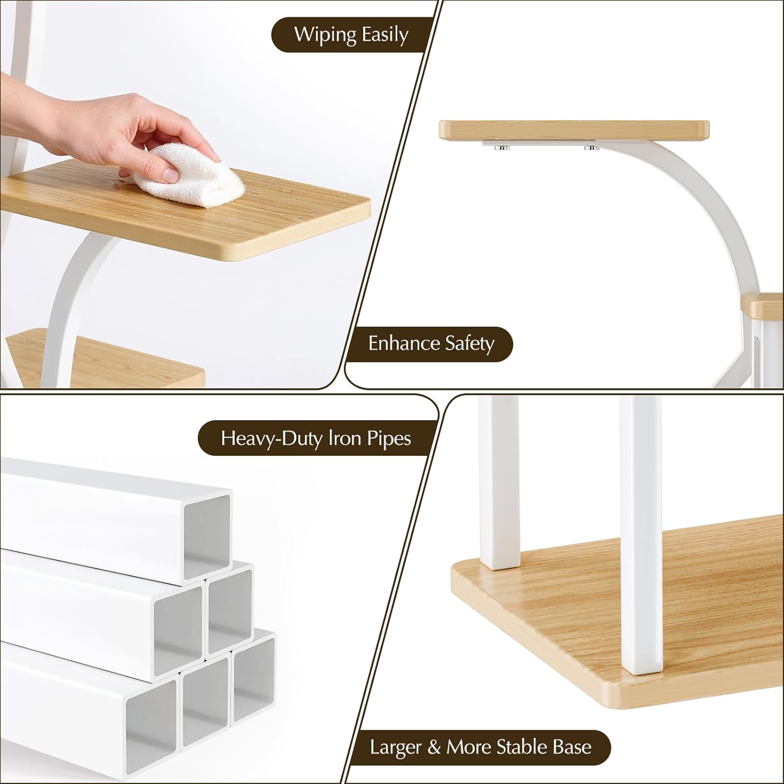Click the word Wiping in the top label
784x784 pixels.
point(325,35)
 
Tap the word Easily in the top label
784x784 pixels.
point(384,35)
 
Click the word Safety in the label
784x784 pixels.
point(470,344)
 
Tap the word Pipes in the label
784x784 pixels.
point(386,439)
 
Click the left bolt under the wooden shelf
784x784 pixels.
point(502,148)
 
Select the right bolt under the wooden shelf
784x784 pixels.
point(592,148)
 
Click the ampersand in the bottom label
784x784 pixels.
point(434,747)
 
